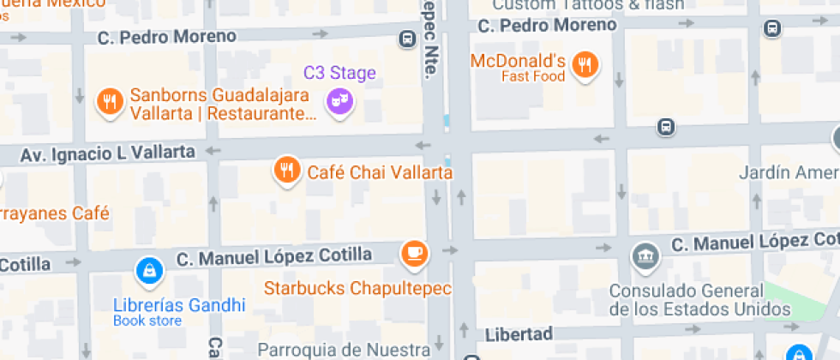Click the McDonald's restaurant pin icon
coord(585,63)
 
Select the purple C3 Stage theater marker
coord(339,101)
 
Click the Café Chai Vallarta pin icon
coord(287,169)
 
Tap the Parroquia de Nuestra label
coord(343,350)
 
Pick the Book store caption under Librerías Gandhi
coord(147,321)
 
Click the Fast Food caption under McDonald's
coord(533,77)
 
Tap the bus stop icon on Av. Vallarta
coord(665,127)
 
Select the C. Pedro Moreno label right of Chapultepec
coord(547,25)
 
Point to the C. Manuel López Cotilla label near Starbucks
coord(274,255)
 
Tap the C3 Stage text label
coord(339,73)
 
